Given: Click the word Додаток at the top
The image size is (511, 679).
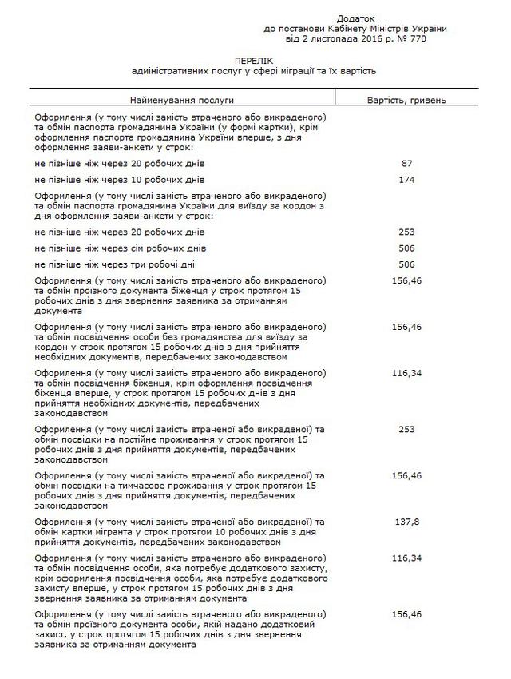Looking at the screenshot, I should (355, 18).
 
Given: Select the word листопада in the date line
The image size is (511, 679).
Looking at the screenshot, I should (327, 38).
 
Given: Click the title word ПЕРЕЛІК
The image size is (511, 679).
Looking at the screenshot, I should (254, 60).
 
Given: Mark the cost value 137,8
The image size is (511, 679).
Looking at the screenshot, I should (406, 522).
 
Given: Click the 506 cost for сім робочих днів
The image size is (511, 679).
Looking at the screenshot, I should (406, 248).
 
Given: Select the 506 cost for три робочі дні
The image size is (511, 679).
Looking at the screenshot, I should (406, 264).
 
